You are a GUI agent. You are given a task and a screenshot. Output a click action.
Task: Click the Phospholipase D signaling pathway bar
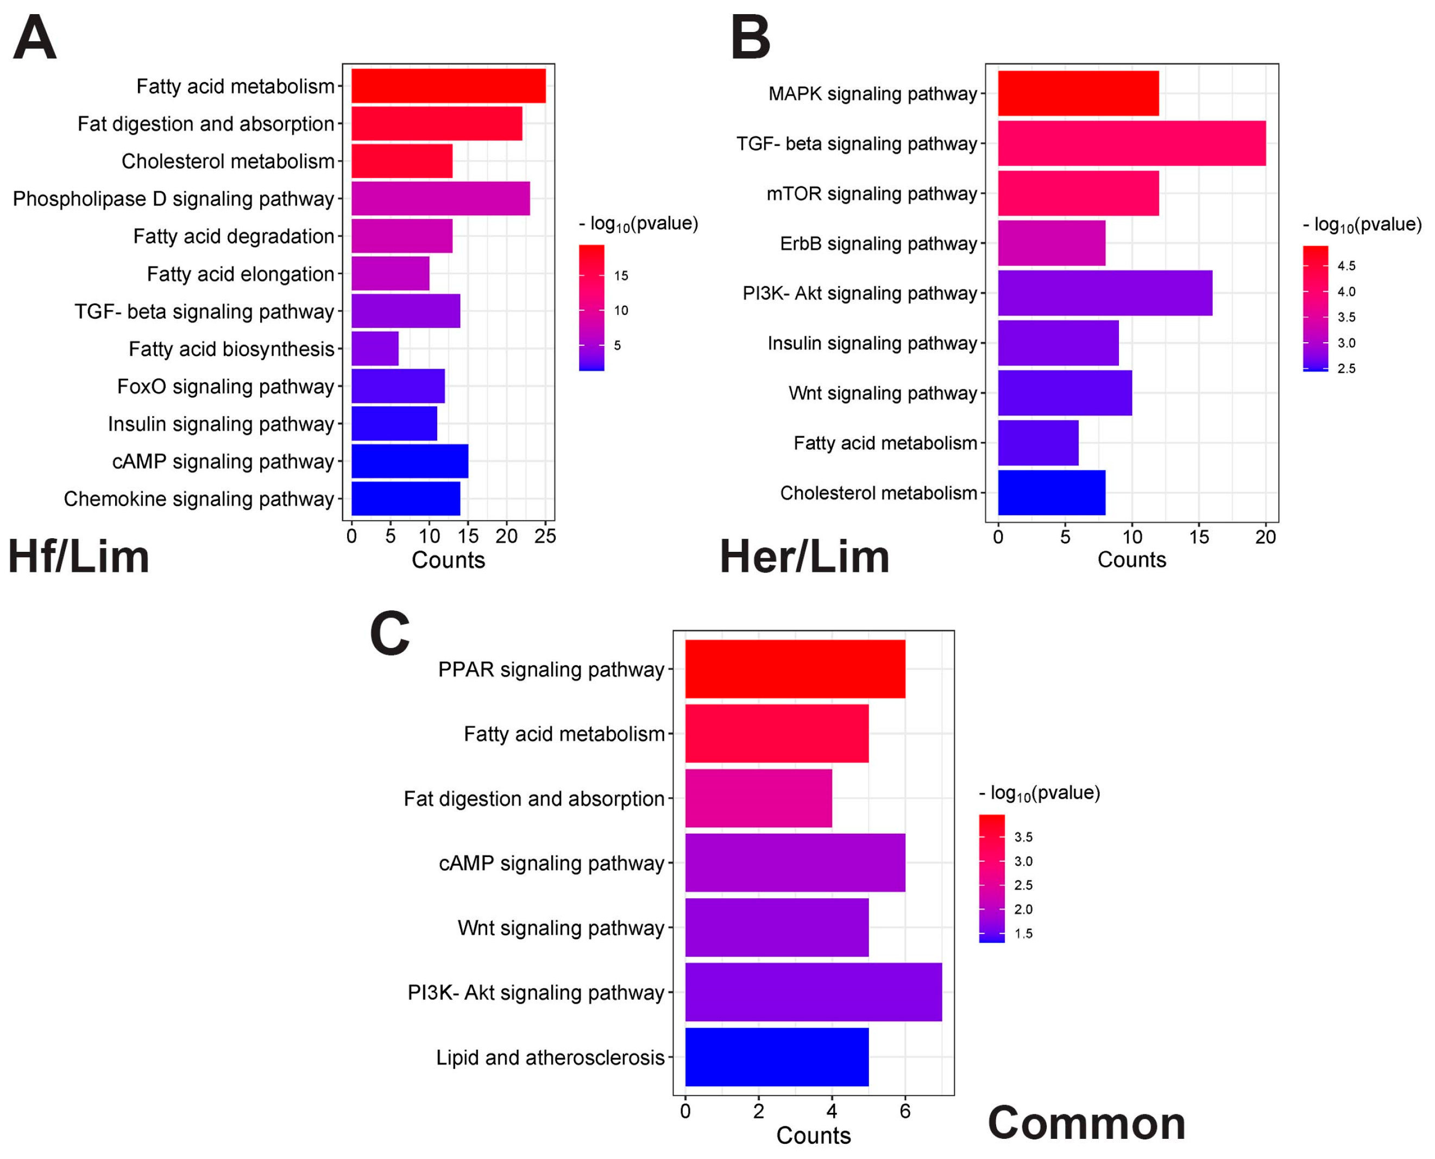click(440, 198)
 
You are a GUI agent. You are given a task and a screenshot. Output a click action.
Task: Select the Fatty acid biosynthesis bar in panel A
click(375, 349)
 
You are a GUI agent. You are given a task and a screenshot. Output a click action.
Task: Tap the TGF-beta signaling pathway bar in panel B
click(1131, 143)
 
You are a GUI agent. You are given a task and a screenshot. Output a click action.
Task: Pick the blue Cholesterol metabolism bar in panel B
click(1051, 493)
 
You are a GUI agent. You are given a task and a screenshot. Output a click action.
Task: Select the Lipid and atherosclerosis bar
click(777, 1057)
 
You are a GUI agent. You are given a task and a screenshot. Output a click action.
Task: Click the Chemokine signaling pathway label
click(198, 499)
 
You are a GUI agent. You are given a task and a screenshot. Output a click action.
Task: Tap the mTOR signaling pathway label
click(871, 193)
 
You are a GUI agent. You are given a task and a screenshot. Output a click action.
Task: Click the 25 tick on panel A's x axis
click(545, 536)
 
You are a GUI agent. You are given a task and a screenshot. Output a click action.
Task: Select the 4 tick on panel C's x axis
click(832, 1111)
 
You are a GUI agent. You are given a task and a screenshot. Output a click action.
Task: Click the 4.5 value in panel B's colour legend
click(1345, 266)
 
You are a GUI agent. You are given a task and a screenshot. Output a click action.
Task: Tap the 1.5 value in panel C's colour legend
click(1023, 934)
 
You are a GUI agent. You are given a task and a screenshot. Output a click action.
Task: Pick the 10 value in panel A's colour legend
click(620, 311)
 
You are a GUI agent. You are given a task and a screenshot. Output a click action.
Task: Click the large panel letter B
click(750, 38)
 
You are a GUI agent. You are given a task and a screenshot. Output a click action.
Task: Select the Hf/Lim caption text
click(78, 557)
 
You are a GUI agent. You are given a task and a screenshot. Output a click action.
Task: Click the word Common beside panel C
click(1086, 1123)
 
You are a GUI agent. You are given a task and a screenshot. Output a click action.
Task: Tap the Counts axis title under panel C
click(813, 1136)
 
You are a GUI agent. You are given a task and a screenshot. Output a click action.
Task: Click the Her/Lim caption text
click(804, 557)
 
